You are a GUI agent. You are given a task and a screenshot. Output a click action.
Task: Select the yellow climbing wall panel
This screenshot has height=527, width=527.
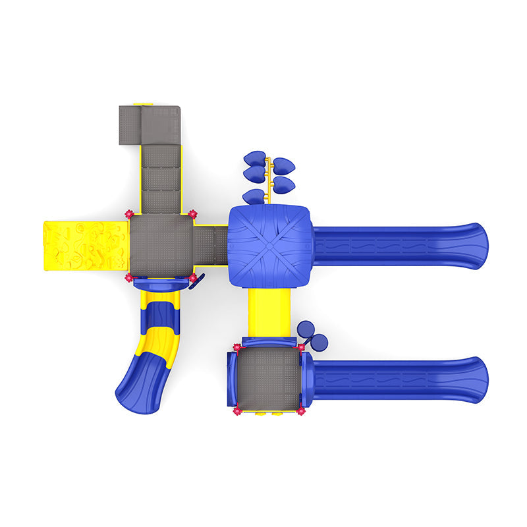(84, 244)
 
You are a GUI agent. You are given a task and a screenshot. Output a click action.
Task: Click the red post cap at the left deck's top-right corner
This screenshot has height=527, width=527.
(192, 215)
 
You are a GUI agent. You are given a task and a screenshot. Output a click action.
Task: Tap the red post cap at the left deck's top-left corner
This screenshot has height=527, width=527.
(129, 215)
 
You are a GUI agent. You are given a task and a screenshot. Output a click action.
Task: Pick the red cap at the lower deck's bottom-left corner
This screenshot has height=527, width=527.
(236, 412)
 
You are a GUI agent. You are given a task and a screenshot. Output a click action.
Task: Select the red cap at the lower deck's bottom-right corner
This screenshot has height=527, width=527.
(301, 412)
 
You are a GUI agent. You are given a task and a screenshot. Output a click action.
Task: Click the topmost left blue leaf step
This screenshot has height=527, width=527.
(254, 158)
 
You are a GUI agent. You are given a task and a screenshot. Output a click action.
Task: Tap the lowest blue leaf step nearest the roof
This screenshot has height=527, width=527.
(252, 196)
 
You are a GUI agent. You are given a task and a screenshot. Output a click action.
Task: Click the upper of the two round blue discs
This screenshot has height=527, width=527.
(306, 329)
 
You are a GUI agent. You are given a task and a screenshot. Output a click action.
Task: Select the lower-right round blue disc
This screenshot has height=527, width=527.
(319, 342)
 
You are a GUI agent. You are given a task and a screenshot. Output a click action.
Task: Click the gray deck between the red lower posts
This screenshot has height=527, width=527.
(269, 378)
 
